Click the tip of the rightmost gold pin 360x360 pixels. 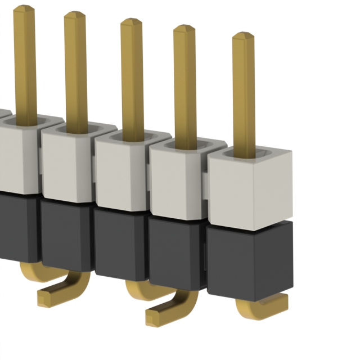pos(243,36)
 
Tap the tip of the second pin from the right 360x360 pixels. pos(184,29)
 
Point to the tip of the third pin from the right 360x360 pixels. pos(131,22)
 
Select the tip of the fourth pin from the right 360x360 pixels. pos(75,16)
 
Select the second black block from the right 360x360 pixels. pos(175,250)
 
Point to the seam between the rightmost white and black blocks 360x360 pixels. pos(250,225)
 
